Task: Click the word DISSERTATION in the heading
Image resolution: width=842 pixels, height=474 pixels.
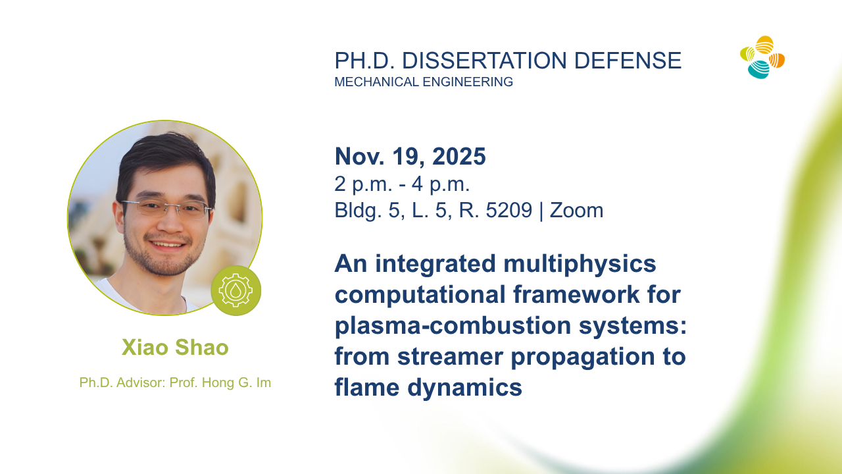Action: (484, 61)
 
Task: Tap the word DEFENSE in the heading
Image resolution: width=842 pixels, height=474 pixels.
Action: (628, 61)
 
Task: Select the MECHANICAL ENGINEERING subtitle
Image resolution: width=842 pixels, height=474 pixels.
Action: (424, 82)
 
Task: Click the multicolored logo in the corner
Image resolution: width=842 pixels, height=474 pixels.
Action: (762, 57)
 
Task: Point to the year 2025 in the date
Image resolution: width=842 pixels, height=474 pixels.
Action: (459, 156)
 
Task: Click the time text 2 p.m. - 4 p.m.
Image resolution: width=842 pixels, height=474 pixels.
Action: (402, 184)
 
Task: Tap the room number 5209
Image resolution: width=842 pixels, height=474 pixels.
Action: (509, 210)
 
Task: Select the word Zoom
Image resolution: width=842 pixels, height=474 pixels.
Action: (577, 210)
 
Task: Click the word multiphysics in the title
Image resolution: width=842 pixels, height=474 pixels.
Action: (580, 265)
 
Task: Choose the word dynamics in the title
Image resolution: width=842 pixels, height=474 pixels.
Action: (465, 388)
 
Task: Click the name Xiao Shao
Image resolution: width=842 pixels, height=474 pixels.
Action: (175, 347)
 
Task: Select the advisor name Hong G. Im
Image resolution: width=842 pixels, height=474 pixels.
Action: (236, 382)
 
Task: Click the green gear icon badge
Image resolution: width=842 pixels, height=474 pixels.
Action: (235, 290)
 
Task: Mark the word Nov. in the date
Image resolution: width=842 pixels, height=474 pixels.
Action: (360, 156)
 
